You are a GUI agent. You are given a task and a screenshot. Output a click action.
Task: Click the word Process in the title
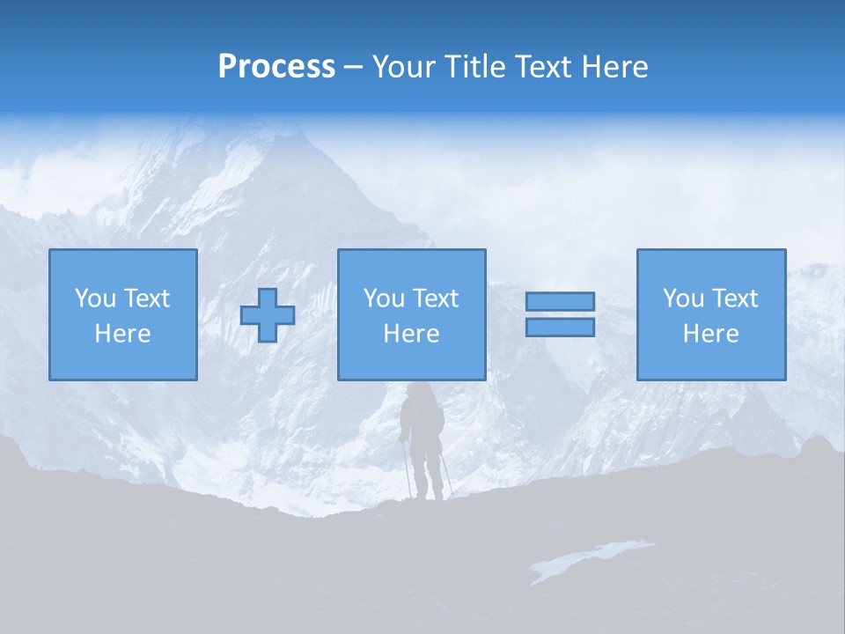click(x=276, y=67)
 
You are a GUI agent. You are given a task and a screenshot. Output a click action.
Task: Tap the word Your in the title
click(x=403, y=67)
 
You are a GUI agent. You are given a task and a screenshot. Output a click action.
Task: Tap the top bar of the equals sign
click(x=560, y=302)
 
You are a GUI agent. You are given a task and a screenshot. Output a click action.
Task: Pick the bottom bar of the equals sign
click(x=560, y=327)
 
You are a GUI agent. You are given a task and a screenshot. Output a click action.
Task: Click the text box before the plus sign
click(x=123, y=315)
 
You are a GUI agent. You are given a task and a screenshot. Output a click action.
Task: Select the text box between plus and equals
click(x=411, y=315)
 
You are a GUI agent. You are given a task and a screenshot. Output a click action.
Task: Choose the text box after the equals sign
click(x=710, y=315)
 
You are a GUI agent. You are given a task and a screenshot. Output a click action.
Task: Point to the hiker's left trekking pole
click(x=407, y=467)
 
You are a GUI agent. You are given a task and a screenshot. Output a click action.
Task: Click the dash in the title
click(x=353, y=68)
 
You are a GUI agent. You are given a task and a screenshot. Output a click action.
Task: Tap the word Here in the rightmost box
click(x=710, y=334)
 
